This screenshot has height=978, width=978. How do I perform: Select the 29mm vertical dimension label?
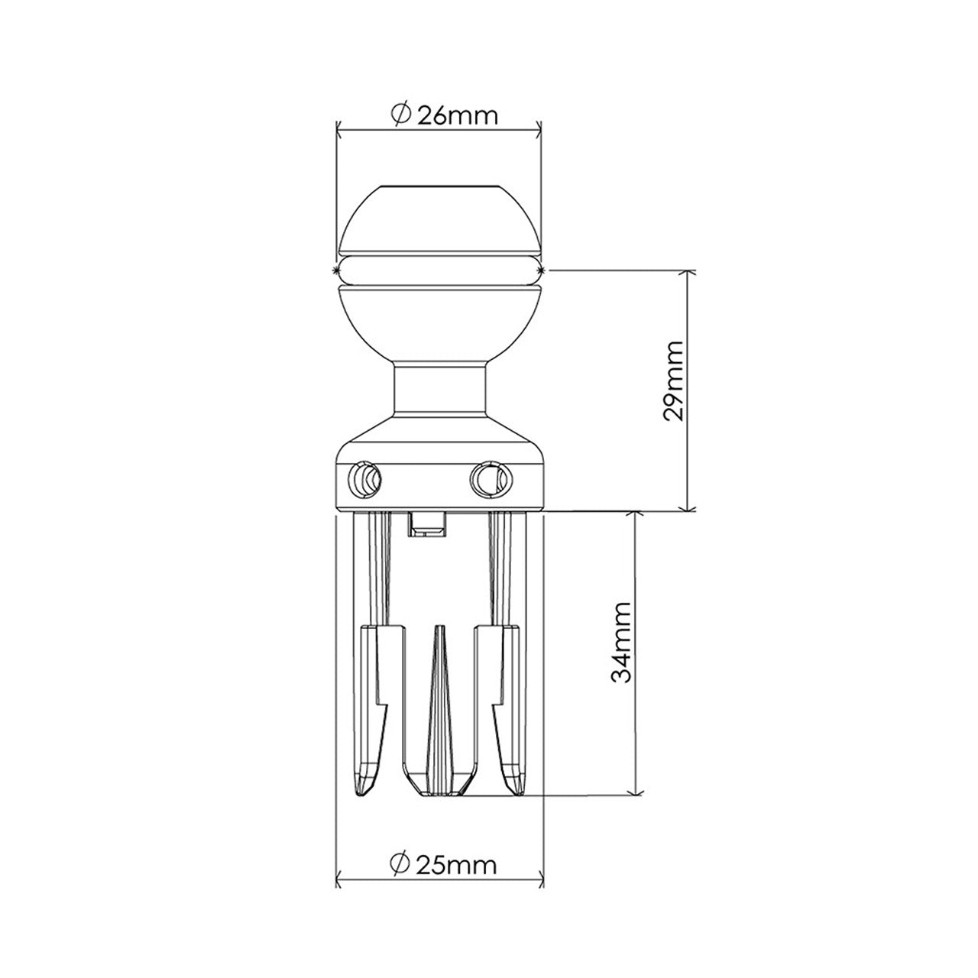[x=673, y=390]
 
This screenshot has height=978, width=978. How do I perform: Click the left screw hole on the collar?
[x=364, y=479]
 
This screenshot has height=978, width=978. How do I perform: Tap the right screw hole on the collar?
[x=487, y=478]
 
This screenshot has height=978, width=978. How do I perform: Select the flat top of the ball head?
[x=439, y=186]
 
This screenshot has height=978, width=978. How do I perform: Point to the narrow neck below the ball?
[x=439, y=390]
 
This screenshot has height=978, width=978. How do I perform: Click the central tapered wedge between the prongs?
[x=439, y=703]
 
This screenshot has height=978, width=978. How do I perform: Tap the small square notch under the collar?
[x=427, y=525]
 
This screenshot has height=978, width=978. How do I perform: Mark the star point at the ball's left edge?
[x=336, y=270]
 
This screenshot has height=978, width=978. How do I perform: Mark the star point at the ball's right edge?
[x=542, y=270]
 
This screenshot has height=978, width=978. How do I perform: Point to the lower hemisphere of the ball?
[x=439, y=321]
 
